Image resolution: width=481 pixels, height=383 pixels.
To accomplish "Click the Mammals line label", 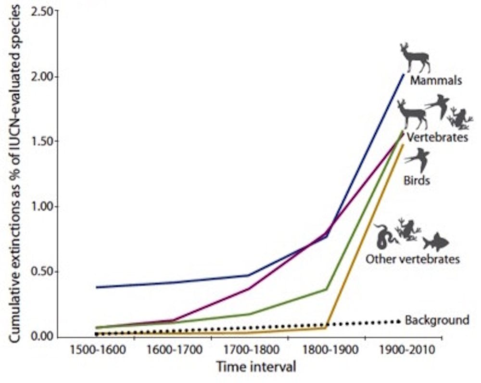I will [436, 80].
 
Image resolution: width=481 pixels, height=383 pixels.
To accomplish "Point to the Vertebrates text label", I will [437, 137].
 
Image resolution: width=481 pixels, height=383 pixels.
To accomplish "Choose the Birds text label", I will [417, 181].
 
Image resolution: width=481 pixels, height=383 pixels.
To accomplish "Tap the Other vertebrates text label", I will [413, 259].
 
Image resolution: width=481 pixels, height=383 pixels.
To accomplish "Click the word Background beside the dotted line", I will [437, 320].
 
